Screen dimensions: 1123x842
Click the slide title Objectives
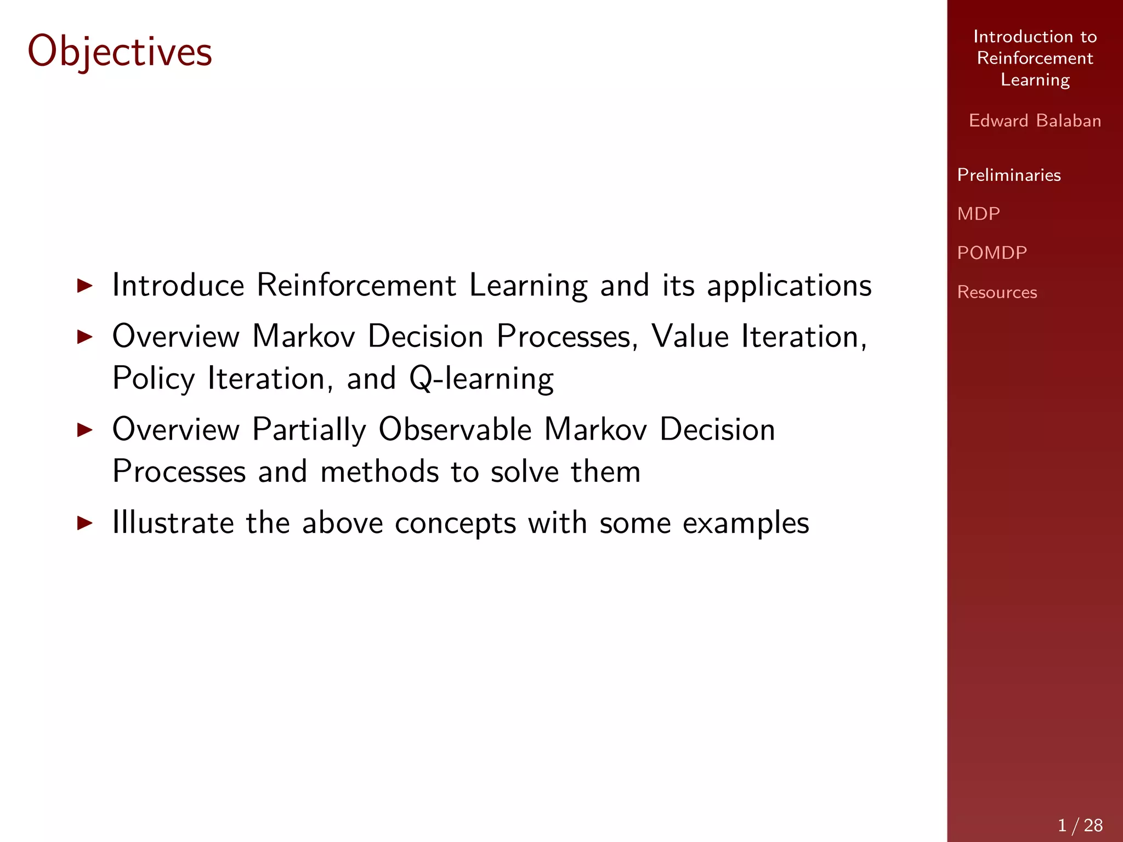[120, 52]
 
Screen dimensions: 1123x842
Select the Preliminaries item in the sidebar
[1008, 175]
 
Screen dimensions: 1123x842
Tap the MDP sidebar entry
[978, 213]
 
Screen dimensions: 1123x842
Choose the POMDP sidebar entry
[991, 253]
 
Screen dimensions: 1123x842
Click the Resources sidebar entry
[996, 292]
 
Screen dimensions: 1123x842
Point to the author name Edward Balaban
[1035, 121]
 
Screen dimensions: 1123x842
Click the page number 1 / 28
[1080, 825]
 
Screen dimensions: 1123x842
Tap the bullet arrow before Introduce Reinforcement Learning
[85, 285]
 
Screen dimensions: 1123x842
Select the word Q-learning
[481, 379]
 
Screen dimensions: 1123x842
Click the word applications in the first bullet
[789, 286]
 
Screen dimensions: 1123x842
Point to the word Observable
[455, 429]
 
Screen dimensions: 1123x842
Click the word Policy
[154, 379]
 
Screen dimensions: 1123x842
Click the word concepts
[455, 524]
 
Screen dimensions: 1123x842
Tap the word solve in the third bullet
[524, 471]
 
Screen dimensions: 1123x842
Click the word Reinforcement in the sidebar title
[1035, 58]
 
